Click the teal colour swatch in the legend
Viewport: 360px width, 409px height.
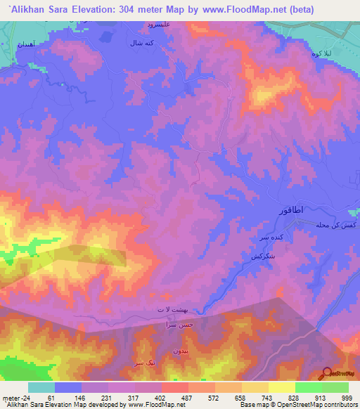coord(41,387)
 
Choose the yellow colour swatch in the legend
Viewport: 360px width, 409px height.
coord(281,387)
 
